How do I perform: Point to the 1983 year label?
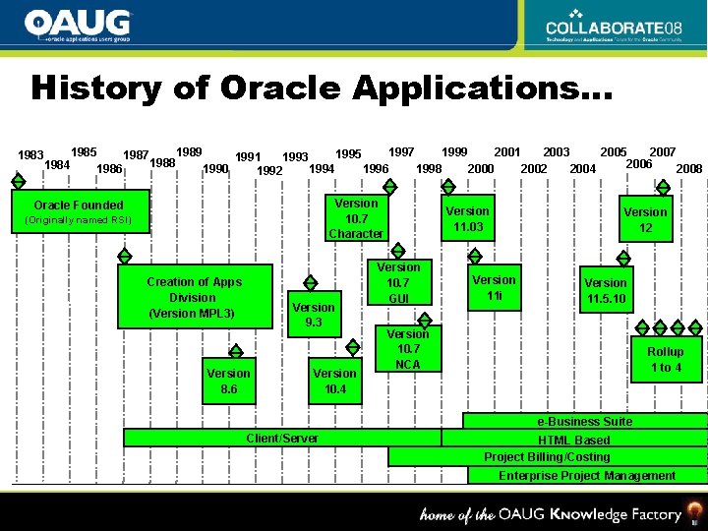pos(31,155)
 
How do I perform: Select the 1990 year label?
pos(215,169)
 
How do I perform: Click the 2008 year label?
pos(689,169)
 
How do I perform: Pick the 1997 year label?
pos(401,151)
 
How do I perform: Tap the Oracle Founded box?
pos(79,211)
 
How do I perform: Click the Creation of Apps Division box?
pos(194,297)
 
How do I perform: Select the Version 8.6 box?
pos(228,381)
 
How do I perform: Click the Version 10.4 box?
pos(334,381)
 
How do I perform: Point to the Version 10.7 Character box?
pos(356,218)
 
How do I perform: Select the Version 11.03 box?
pos(467,219)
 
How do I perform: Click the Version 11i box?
pos(494,288)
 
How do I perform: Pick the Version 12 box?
pos(645,219)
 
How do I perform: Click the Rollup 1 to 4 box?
pos(665,359)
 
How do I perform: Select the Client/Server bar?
pos(282,438)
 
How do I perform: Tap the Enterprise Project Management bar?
pos(587,476)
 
